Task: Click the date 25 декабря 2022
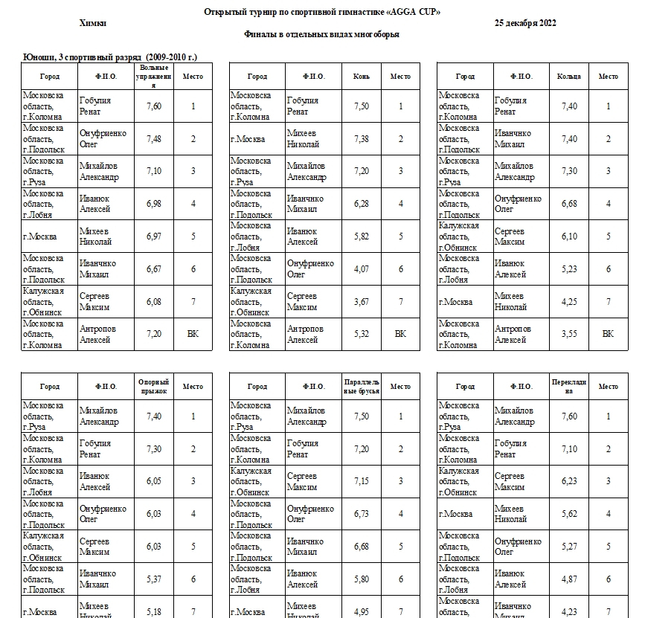(525, 23)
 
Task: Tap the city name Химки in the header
(92, 23)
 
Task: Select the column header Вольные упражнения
(155, 76)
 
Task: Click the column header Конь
(362, 77)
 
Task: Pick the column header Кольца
(569, 77)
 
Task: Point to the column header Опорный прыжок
(155, 387)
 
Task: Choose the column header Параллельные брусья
(362, 387)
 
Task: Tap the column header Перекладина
(569, 387)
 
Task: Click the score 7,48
(155, 139)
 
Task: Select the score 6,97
(155, 236)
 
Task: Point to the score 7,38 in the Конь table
(362, 139)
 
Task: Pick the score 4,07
(362, 268)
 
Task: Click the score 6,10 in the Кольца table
(569, 236)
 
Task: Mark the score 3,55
(569, 334)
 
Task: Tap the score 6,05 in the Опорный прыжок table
(155, 482)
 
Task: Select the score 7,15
(362, 482)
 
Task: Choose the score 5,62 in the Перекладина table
(569, 514)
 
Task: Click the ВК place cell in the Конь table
(400, 334)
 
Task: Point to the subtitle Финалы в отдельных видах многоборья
(321, 34)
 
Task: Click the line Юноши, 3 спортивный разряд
(110, 57)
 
